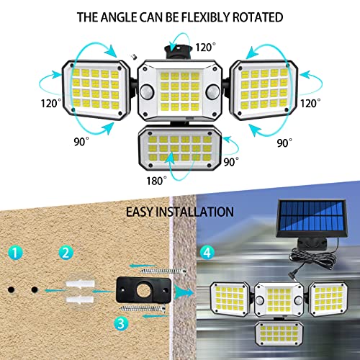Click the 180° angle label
tap(156, 181)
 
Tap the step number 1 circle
tap(15, 253)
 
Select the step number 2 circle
tap(66, 253)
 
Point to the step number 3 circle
tap(121, 323)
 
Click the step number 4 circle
tap(207, 253)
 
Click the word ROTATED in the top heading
tap(258, 17)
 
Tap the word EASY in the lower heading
tap(140, 212)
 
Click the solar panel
tap(312, 218)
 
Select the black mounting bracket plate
tap(143, 289)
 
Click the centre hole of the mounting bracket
tap(143, 290)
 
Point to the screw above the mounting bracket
tap(163, 271)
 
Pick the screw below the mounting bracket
tap(143, 309)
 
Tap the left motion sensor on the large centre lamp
tap(147, 92)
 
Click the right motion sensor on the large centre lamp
tap(213, 91)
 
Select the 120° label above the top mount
tap(205, 48)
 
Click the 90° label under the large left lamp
tap(81, 142)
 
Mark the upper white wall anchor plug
tap(80, 284)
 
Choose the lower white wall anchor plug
tap(80, 300)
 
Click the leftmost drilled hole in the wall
tap(11, 289)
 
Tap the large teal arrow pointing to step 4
tap(184, 292)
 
